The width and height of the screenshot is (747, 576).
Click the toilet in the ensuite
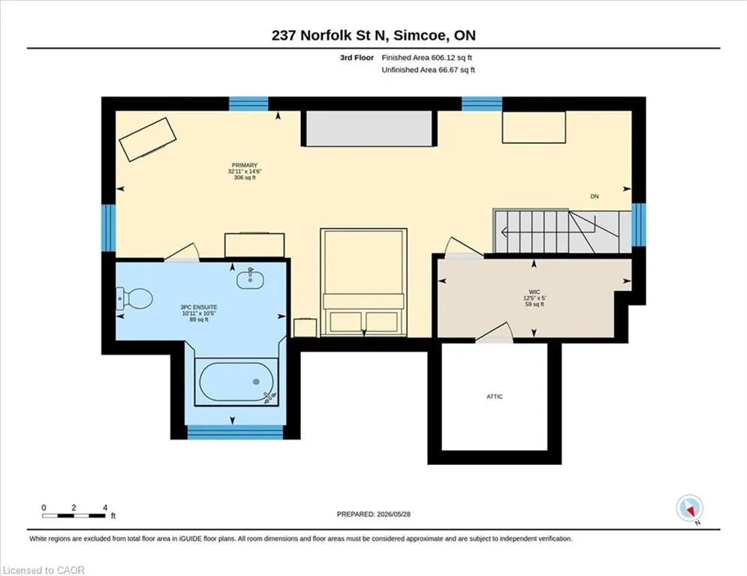134,298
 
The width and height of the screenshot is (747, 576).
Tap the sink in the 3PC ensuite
250,279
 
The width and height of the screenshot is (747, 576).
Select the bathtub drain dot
256,381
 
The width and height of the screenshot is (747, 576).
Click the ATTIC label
495,397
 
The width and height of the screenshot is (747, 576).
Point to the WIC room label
535,292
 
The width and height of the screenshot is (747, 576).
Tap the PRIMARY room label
245,165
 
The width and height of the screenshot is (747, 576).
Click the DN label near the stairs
595,196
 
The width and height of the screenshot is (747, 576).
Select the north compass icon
689,508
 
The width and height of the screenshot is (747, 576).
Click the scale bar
74,515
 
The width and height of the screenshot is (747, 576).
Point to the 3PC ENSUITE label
199,307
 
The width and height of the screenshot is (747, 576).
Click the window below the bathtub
235,432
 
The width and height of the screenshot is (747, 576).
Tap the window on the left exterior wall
109,228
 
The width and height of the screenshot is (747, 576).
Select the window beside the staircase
639,225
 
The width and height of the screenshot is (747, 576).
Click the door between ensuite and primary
182,253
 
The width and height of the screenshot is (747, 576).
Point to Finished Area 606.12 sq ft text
427,58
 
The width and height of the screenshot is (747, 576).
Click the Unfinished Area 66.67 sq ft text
428,70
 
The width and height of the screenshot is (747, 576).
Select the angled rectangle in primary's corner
148,139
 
